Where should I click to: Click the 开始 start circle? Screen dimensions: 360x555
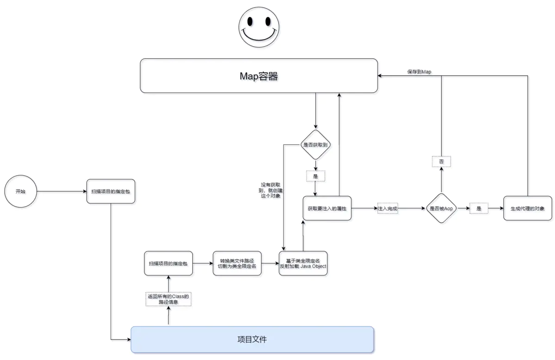[20, 191]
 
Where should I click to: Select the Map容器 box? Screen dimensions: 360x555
[259, 76]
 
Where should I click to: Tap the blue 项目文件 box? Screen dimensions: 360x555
[252, 340]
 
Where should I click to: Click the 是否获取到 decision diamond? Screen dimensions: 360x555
[315, 145]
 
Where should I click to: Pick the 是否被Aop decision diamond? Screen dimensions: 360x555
[441, 208]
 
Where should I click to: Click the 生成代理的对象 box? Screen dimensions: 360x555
[527, 208]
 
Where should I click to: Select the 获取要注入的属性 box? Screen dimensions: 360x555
[327, 208]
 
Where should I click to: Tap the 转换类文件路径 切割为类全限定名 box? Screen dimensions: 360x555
[237, 263]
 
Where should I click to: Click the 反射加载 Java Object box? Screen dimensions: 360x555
[303, 263]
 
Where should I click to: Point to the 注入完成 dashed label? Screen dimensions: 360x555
[388, 208]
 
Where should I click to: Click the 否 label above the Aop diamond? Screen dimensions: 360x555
[441, 162]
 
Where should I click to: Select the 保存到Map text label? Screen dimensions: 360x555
[419, 72]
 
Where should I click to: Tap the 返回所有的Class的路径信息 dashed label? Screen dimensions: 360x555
[168, 299]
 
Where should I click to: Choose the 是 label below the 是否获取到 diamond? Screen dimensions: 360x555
[315, 176]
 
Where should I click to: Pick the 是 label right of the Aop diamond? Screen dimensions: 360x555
[479, 208]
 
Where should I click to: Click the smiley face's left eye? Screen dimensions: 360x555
[250, 22]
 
